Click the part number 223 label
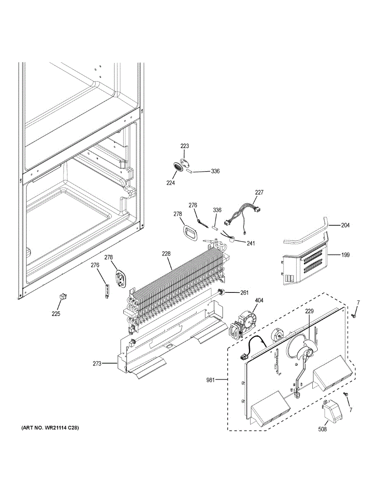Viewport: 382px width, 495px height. tap(185, 146)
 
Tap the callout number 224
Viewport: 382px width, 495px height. tap(171, 183)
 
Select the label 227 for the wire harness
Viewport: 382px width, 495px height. tap(259, 193)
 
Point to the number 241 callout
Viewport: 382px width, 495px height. tap(251, 243)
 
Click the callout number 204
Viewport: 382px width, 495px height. tap(345, 225)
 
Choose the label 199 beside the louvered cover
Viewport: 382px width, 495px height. tap(345, 255)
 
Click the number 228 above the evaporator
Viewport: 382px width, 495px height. tap(166, 254)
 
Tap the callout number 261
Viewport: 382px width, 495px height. tap(244, 292)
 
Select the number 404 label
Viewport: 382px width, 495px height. tap(259, 301)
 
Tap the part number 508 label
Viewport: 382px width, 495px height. tap(322, 429)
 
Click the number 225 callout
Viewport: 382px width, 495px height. tap(56, 314)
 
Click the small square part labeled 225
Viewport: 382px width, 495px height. tap(62, 297)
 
